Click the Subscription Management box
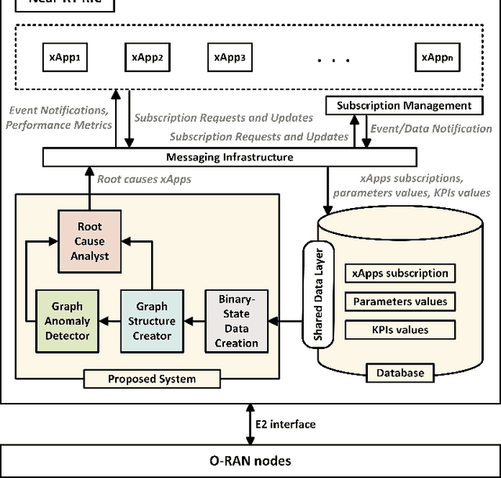[404, 106]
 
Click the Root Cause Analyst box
[89, 241]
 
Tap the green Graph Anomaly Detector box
[67, 321]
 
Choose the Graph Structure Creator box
[152, 321]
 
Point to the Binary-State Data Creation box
[236, 321]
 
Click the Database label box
[399, 373]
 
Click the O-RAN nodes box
[250, 461]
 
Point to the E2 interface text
[285, 424]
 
